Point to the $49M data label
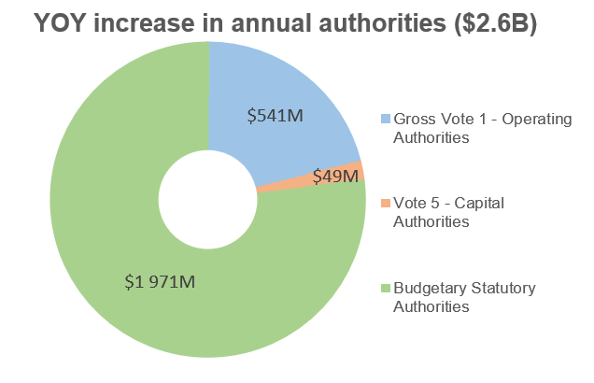[x=335, y=176]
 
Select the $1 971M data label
[x=160, y=280]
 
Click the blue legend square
[x=386, y=120]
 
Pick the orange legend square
[x=386, y=204]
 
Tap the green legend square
[x=386, y=288]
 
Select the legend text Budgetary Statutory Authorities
[x=464, y=296]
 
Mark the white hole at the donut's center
[x=207, y=199]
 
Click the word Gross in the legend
[x=414, y=120]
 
